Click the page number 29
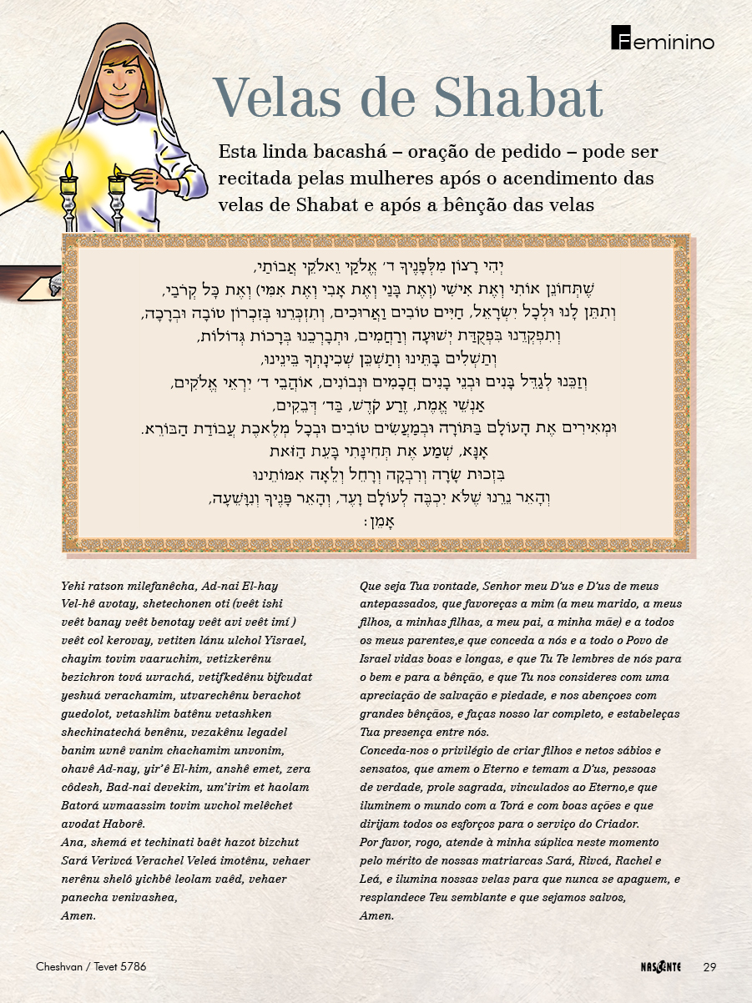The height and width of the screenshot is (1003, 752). (x=710, y=967)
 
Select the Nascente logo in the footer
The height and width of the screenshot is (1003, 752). (x=655, y=967)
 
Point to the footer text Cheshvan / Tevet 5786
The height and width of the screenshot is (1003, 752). (x=91, y=967)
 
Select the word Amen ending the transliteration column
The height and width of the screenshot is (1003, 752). (x=78, y=915)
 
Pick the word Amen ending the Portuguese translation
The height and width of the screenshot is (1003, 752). (x=376, y=915)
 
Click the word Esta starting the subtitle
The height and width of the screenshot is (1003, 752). (x=237, y=153)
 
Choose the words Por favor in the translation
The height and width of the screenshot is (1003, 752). (x=388, y=842)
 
